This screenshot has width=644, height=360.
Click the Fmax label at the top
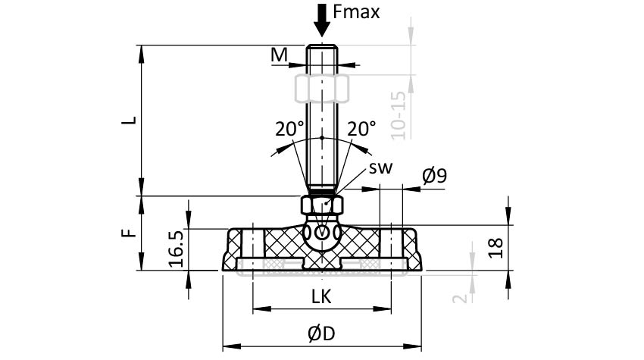(356, 12)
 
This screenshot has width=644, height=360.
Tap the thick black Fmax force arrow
(321, 20)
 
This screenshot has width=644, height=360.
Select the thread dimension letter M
(279, 55)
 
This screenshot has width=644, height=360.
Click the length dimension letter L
(130, 121)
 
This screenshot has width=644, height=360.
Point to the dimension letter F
(129, 233)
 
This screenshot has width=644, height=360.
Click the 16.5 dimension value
(177, 249)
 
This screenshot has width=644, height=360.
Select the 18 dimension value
(496, 248)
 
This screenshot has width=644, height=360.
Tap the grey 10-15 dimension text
(399, 115)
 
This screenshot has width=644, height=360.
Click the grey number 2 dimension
(460, 299)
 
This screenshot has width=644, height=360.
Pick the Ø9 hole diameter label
(435, 176)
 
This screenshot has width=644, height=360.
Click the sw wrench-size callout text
(380, 167)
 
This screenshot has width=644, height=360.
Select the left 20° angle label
(289, 129)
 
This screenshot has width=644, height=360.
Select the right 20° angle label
(361, 129)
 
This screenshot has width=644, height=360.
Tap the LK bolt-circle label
(321, 296)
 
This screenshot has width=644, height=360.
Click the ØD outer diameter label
(321, 333)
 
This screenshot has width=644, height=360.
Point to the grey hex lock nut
(321, 89)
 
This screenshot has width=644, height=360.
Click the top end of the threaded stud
(321, 45)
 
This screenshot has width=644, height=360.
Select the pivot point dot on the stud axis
(321, 137)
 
